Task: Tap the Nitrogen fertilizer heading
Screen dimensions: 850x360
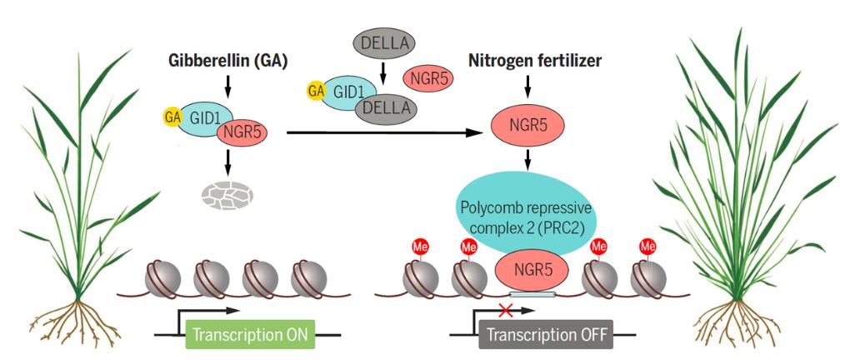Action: point(534,62)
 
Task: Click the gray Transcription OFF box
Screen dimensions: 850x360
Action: point(546,334)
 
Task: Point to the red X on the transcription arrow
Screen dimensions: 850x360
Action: point(506,311)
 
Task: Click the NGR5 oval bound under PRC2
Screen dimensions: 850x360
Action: point(532,269)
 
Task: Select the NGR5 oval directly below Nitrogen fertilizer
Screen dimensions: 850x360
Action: point(527,126)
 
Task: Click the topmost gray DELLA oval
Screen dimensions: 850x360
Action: point(384,42)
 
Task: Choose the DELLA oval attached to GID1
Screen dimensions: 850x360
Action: point(386,109)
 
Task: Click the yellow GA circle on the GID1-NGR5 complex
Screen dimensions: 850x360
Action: point(172,116)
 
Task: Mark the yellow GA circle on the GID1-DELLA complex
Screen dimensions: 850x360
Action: point(316,91)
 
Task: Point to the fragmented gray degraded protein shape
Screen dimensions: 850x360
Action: point(227,195)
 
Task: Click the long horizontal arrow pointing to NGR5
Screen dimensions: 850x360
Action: point(385,132)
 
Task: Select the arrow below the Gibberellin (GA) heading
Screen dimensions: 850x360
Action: point(227,86)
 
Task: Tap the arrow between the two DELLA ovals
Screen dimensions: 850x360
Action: point(383,73)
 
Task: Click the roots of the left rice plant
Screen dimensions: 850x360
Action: point(77,321)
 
